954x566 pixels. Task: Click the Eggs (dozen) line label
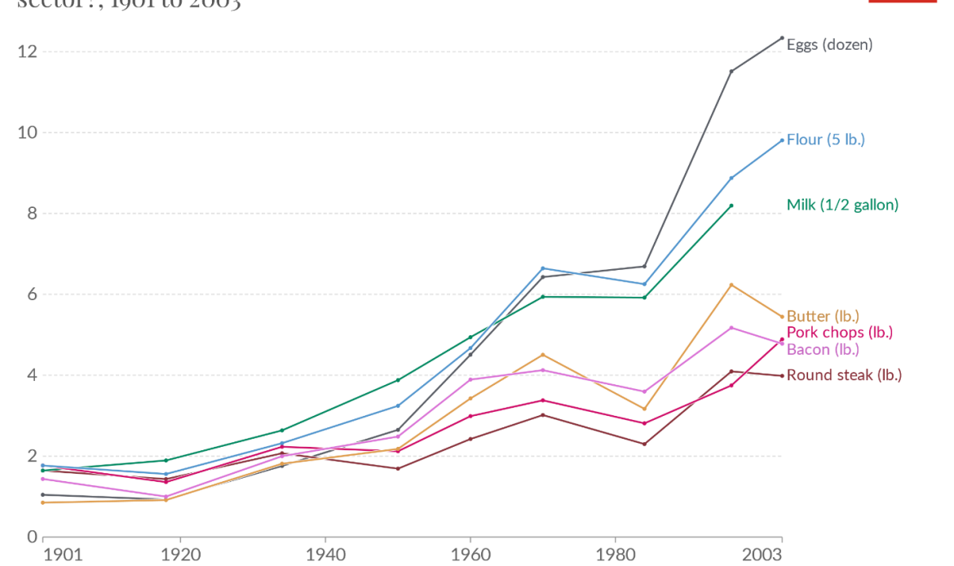(829, 45)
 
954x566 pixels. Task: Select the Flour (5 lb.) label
(825, 139)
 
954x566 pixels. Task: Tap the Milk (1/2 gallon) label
(842, 205)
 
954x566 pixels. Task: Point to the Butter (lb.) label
(823, 316)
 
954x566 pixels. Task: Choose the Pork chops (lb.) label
(840, 332)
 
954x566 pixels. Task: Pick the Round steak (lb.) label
(844, 375)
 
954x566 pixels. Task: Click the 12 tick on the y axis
(26, 51)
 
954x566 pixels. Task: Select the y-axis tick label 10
(26, 132)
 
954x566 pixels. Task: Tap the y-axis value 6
(31, 294)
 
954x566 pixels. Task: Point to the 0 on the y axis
(31, 536)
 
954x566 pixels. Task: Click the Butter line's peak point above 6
(731, 285)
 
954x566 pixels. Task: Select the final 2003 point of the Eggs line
(782, 38)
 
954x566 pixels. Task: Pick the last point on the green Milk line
(731, 206)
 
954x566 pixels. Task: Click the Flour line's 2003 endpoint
(782, 140)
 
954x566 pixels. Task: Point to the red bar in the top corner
(891, 2)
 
